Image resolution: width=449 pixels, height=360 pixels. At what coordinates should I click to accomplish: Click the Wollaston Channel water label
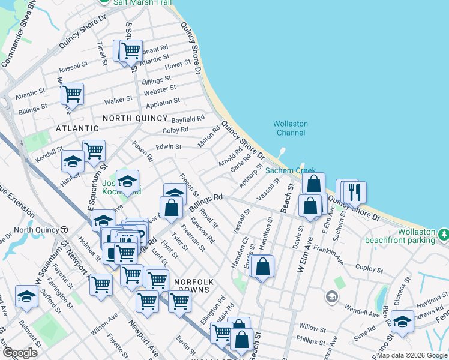[x=290, y=128]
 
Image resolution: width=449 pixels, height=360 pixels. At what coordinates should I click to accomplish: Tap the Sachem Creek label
[x=286, y=171]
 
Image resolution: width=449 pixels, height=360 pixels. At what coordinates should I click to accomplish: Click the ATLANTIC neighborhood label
[x=77, y=128]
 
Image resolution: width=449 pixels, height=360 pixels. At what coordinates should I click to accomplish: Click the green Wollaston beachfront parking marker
[x=443, y=232]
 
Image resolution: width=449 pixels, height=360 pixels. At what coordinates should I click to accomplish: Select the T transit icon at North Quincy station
[x=64, y=230]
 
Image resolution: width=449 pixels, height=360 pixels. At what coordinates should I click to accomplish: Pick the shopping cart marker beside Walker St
[x=72, y=94]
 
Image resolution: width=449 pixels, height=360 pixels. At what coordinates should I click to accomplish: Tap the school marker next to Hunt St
[x=73, y=161]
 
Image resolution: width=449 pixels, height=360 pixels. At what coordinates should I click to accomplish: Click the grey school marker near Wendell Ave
[x=331, y=296]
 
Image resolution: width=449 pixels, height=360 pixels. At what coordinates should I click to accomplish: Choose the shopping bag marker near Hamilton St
[x=263, y=266]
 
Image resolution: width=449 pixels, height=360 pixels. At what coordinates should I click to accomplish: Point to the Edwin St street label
[x=169, y=146]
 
